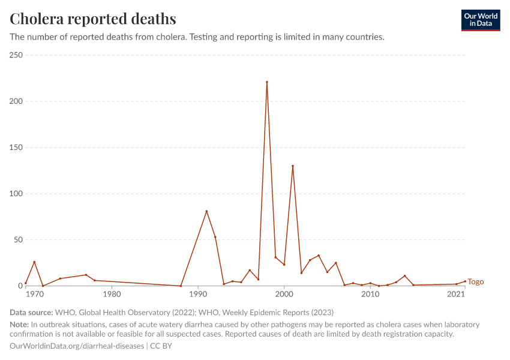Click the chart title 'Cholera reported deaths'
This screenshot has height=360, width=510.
click(93, 19)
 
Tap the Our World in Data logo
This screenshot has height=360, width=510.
click(480, 20)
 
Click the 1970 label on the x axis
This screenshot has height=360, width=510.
click(35, 295)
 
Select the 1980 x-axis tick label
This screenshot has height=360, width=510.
click(112, 295)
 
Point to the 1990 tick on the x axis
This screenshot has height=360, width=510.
click(198, 295)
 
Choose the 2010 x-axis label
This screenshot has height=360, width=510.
click(370, 295)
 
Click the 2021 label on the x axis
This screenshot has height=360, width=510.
click(457, 295)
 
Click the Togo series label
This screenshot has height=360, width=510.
click(476, 282)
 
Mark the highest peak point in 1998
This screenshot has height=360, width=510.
click(267, 82)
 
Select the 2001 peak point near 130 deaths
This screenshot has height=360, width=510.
click(293, 166)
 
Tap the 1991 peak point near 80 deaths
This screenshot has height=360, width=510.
click(206, 211)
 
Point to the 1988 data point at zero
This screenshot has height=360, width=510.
click(181, 286)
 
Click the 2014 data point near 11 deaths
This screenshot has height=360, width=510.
click(405, 276)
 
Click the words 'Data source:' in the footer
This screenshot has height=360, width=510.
click(31, 313)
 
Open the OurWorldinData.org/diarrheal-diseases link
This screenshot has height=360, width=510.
click(77, 346)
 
